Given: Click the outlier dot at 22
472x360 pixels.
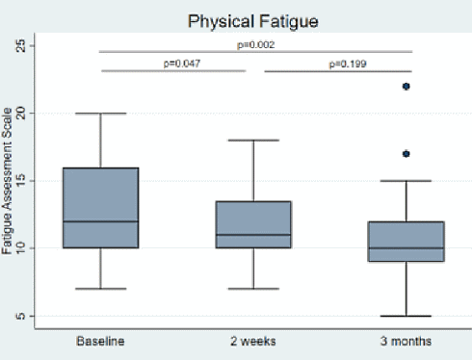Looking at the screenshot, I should tap(406, 87).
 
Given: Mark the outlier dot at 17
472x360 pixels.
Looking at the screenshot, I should tap(406, 154).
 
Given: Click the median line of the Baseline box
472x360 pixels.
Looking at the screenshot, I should tap(100, 221).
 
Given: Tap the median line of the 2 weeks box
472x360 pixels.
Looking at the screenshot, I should tap(253, 235).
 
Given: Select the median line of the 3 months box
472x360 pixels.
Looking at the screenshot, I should tap(406, 248).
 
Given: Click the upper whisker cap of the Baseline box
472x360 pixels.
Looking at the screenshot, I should tap(100, 114).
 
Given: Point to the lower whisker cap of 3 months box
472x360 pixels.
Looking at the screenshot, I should tap(406, 316).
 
